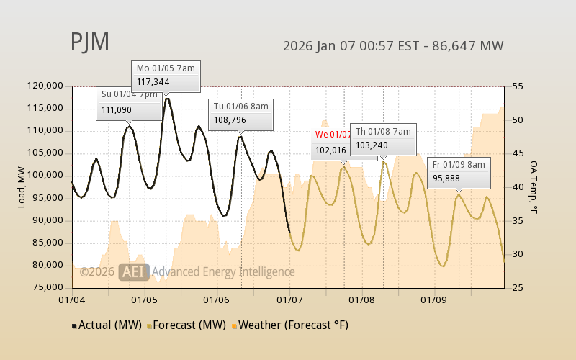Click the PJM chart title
click(90, 42)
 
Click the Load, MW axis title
click(22, 186)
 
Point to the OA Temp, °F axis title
click(534, 187)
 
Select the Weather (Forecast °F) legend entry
click(289, 325)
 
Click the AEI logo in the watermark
click(134, 271)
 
